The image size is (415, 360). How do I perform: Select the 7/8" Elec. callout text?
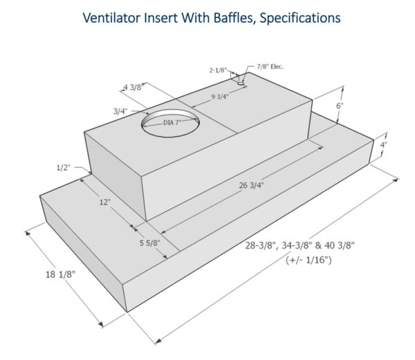tap(270, 66)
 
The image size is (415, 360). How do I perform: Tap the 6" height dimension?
tap(339, 106)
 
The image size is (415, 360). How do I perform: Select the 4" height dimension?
tap(383, 145)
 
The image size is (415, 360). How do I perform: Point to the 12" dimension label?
tap(103, 202)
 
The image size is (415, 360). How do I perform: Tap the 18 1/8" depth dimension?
tap(59, 274)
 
